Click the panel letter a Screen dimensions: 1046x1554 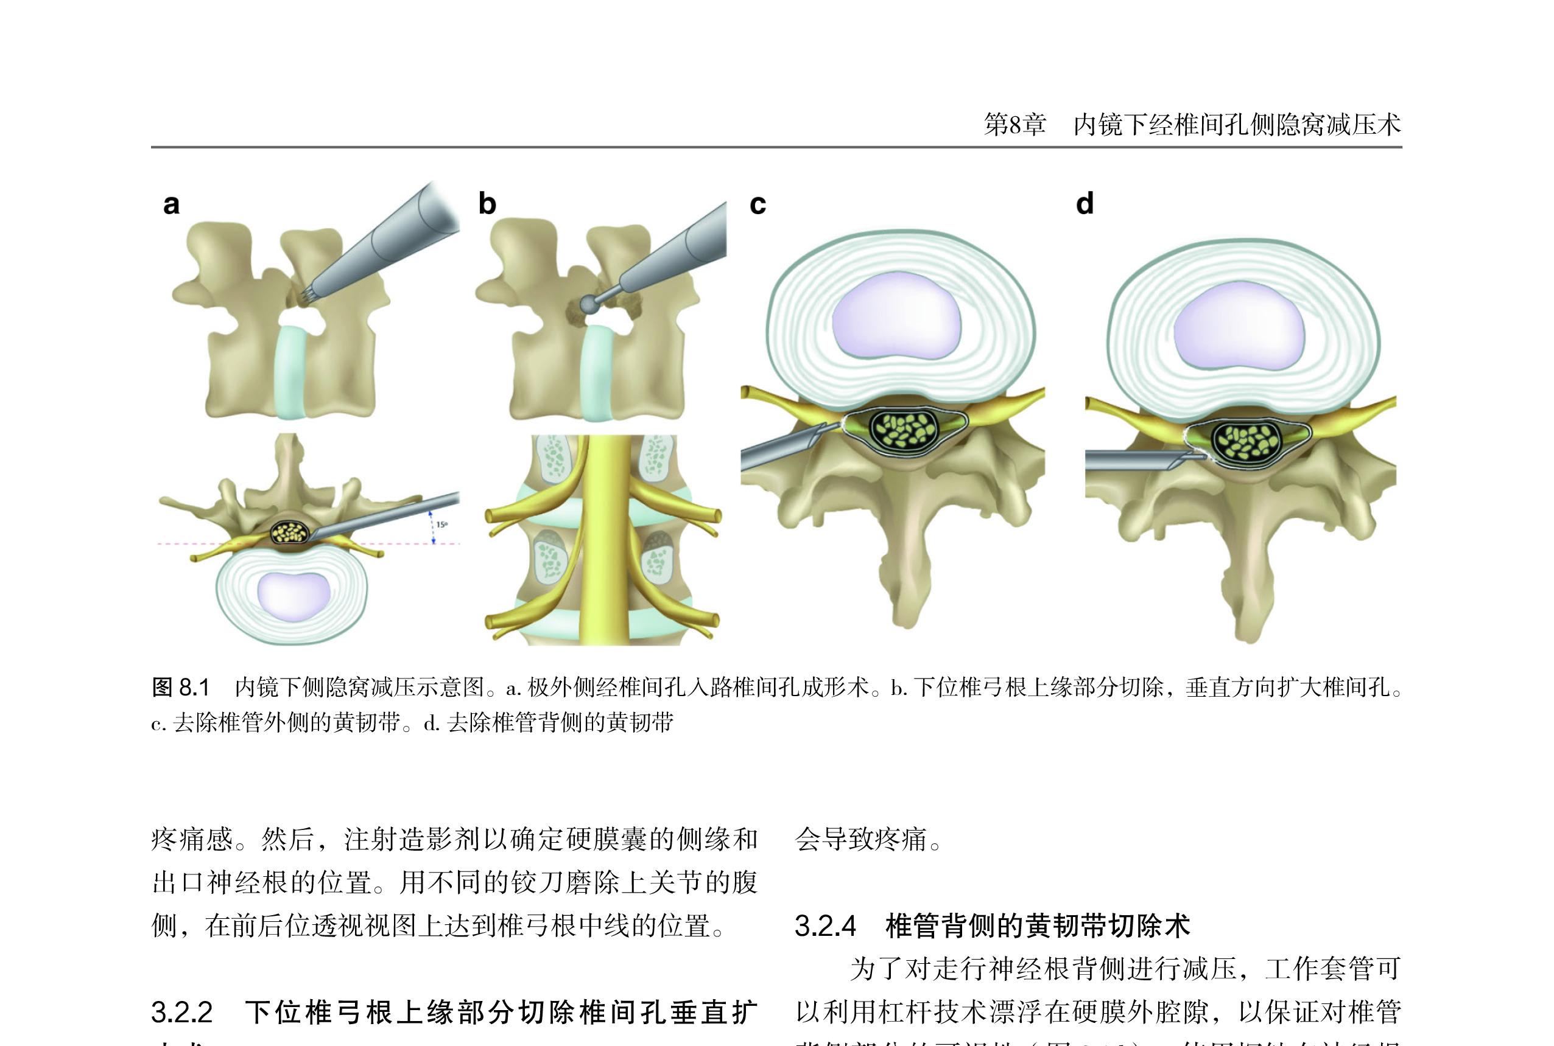[x=172, y=204]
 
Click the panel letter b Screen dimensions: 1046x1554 [x=487, y=203]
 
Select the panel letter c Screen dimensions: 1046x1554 [x=758, y=203]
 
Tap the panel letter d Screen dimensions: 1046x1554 [x=1085, y=203]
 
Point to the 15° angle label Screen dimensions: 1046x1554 [x=441, y=525]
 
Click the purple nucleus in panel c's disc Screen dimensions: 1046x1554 [x=896, y=318]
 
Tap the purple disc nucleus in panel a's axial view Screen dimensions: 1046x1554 [x=294, y=595]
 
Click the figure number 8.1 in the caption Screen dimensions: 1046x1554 [x=194, y=687]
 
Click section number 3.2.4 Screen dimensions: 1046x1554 [x=825, y=926]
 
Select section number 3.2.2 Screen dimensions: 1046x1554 [x=182, y=1013]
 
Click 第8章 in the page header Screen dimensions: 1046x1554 [x=1014, y=125]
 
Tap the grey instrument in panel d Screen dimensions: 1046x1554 [x=1135, y=459]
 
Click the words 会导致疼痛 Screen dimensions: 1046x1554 [x=861, y=839]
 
